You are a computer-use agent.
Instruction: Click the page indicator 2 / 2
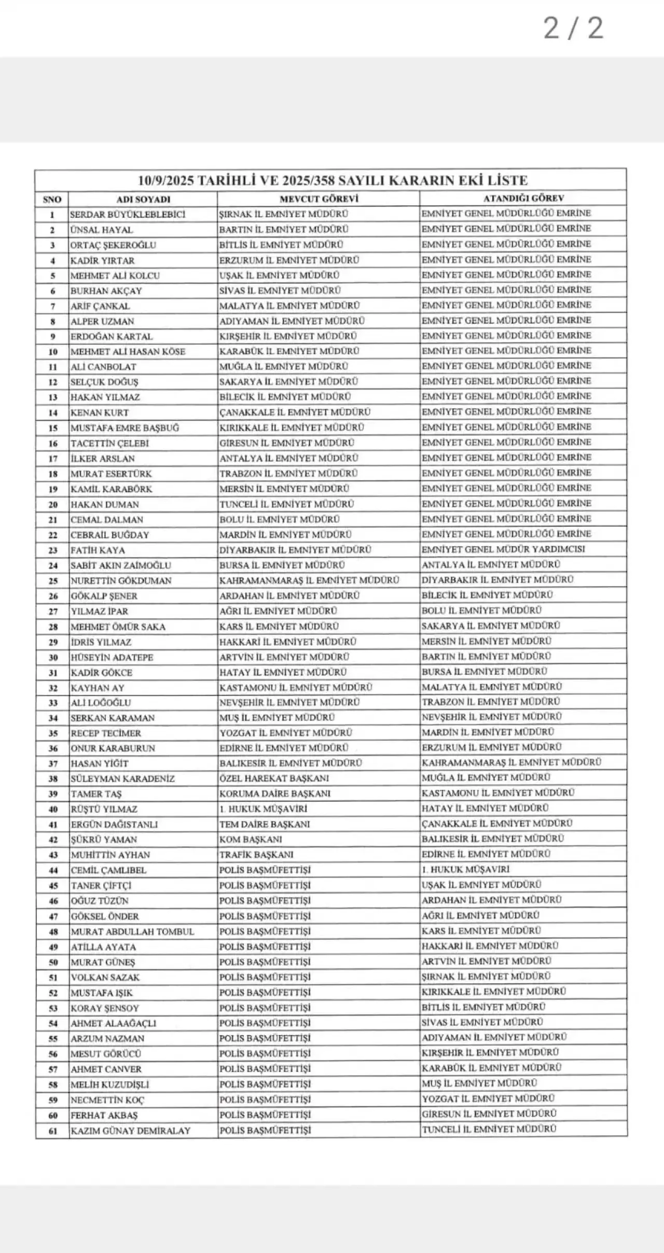(573, 28)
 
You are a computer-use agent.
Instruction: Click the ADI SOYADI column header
(143, 199)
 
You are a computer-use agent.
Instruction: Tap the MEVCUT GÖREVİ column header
(319, 199)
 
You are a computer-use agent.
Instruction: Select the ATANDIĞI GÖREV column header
(523, 198)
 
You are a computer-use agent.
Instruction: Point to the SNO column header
(52, 199)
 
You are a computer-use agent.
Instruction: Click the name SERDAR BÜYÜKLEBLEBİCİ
(128, 214)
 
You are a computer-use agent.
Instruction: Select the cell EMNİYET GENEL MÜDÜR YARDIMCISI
(503, 549)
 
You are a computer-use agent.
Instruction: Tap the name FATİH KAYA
(98, 550)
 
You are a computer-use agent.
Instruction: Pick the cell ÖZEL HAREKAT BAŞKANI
(274, 778)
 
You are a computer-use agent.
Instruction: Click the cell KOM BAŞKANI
(251, 839)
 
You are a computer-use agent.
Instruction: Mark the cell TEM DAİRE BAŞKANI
(265, 824)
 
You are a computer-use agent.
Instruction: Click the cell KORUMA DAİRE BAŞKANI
(274, 793)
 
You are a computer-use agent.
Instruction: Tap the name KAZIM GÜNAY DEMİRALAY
(131, 1131)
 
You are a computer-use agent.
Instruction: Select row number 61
(52, 1131)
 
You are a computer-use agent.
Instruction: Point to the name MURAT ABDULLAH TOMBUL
(132, 932)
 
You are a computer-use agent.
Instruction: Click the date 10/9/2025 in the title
(165, 180)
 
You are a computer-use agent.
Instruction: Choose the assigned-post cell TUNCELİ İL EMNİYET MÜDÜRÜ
(489, 1129)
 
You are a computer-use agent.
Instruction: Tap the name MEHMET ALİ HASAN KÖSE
(128, 352)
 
